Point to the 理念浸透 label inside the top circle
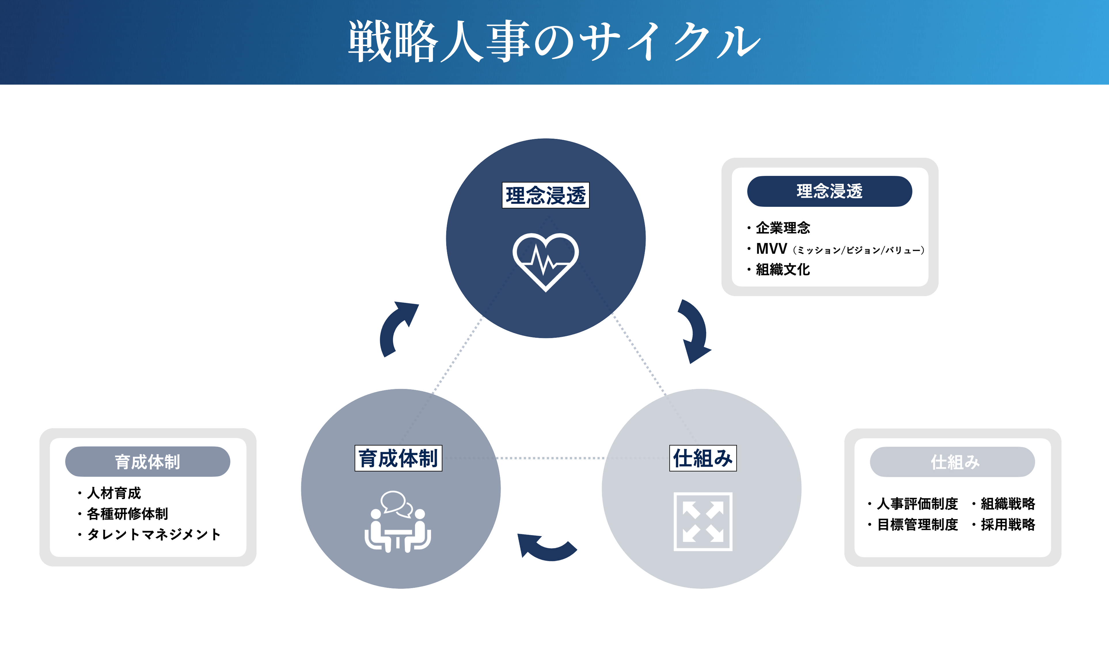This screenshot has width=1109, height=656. (x=546, y=195)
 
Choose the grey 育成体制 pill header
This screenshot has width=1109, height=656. (x=148, y=462)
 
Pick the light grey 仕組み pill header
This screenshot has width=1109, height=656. (x=952, y=462)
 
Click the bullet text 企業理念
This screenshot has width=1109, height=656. (x=783, y=228)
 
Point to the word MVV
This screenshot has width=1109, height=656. (x=772, y=249)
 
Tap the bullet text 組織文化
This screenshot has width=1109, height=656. (x=783, y=269)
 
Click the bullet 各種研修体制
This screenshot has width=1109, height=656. (x=127, y=514)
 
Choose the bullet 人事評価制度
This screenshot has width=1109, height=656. (x=917, y=503)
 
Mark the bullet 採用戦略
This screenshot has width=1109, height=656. (x=1008, y=524)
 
